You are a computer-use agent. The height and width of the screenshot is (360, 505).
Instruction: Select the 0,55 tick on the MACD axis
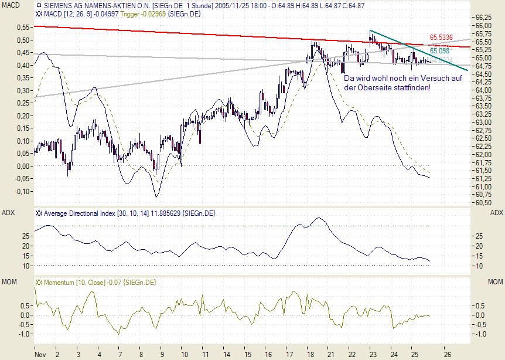(x=23, y=28)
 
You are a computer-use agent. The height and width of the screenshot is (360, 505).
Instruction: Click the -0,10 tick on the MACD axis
(x=23, y=192)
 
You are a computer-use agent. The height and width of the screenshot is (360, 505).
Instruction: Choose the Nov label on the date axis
(x=40, y=355)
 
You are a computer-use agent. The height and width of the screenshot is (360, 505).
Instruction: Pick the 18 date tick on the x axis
(x=308, y=355)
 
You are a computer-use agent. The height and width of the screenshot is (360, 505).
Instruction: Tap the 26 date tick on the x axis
(x=446, y=355)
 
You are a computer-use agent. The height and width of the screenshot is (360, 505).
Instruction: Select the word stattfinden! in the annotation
(x=413, y=87)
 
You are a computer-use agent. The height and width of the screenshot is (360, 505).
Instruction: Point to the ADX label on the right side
(x=496, y=212)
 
